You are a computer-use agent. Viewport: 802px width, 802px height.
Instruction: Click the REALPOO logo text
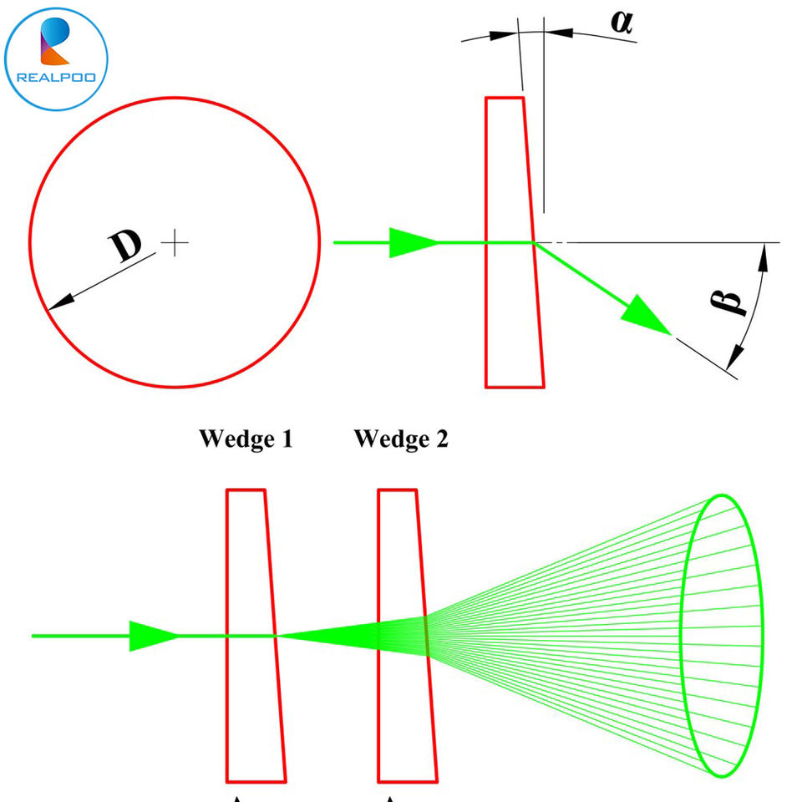(56, 77)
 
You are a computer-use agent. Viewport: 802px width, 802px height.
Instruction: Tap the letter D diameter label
(124, 245)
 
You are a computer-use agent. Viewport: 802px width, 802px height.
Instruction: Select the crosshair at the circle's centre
(175, 242)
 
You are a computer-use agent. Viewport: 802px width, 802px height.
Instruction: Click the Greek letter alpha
(622, 22)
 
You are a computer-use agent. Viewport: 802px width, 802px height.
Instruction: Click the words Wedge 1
(246, 439)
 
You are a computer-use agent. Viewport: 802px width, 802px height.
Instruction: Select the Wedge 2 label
(401, 439)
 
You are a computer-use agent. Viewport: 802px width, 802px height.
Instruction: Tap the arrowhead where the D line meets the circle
(61, 302)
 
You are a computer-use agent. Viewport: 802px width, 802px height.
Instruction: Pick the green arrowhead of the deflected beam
(647, 317)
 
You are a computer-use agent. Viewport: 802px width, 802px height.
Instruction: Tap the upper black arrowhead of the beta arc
(763, 257)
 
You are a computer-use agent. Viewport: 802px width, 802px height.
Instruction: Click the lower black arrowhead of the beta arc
(735, 357)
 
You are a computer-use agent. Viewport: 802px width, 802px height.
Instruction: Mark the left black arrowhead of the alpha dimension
(504, 36)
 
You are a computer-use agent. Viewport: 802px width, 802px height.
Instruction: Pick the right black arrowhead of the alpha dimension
(559, 33)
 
